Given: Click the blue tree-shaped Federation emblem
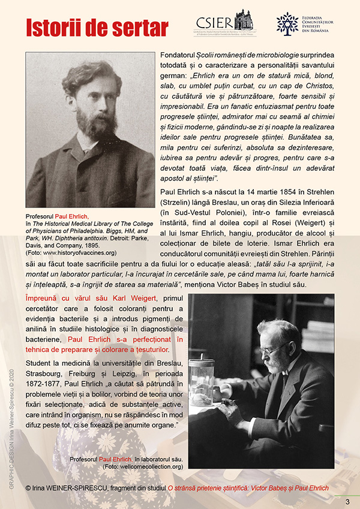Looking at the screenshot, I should click(287, 23).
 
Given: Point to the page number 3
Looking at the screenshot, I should click(347, 501).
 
